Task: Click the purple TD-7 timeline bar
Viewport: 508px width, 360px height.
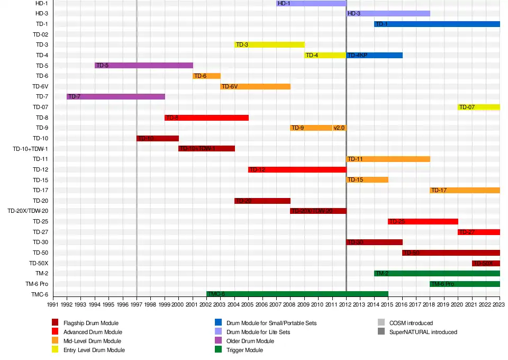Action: coord(115,96)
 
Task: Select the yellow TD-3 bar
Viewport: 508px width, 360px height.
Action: coord(269,44)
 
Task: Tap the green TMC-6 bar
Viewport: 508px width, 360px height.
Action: coord(297,294)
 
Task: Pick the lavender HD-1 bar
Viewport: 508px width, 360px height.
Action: coord(311,3)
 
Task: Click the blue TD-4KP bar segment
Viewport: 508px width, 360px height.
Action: coord(374,55)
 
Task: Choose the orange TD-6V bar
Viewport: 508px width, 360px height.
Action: coord(255,86)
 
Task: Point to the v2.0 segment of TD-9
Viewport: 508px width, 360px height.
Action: coord(339,128)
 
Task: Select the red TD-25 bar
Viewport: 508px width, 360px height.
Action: coord(423,221)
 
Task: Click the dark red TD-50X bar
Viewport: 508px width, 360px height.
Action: coord(486,263)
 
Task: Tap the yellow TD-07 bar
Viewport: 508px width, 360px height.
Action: coord(478,107)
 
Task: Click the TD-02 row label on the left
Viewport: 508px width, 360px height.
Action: coord(41,34)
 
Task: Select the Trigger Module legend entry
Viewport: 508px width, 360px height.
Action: coord(244,350)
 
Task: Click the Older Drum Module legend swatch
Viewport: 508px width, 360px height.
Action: coord(218,341)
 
